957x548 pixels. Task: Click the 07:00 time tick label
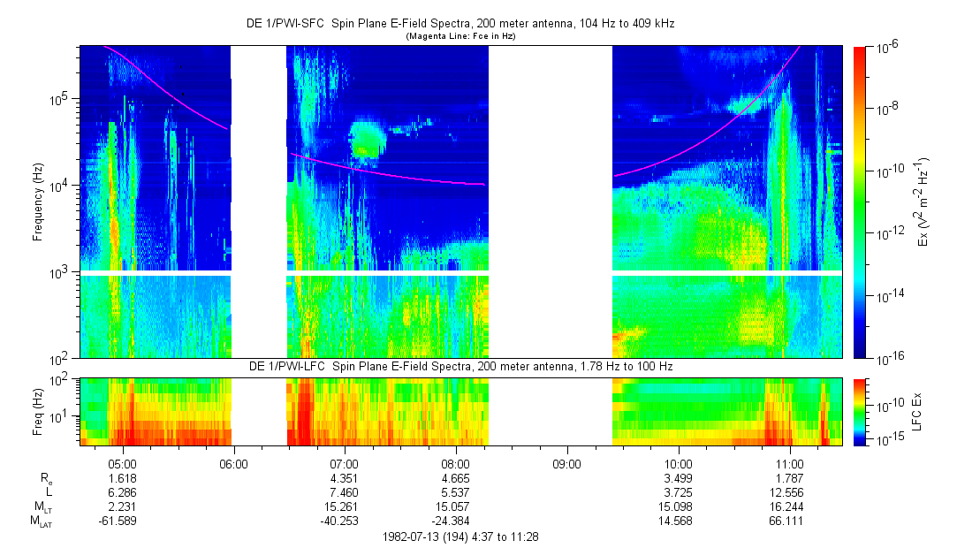pos(344,462)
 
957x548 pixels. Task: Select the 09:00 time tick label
pos(566,462)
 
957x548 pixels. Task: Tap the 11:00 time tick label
pos(789,462)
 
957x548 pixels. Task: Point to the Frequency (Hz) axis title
pos(38,203)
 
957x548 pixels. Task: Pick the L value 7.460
pos(344,491)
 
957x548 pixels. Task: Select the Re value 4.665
pos(455,477)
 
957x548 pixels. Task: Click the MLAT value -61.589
pos(121,521)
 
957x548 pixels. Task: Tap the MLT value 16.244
pos(789,506)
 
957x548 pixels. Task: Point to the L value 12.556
pos(789,491)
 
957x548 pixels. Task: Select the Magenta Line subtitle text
pos(460,36)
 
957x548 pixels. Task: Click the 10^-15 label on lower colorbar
pos(887,438)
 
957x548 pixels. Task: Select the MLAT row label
pos(40,521)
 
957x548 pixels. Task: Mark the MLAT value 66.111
pos(789,521)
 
